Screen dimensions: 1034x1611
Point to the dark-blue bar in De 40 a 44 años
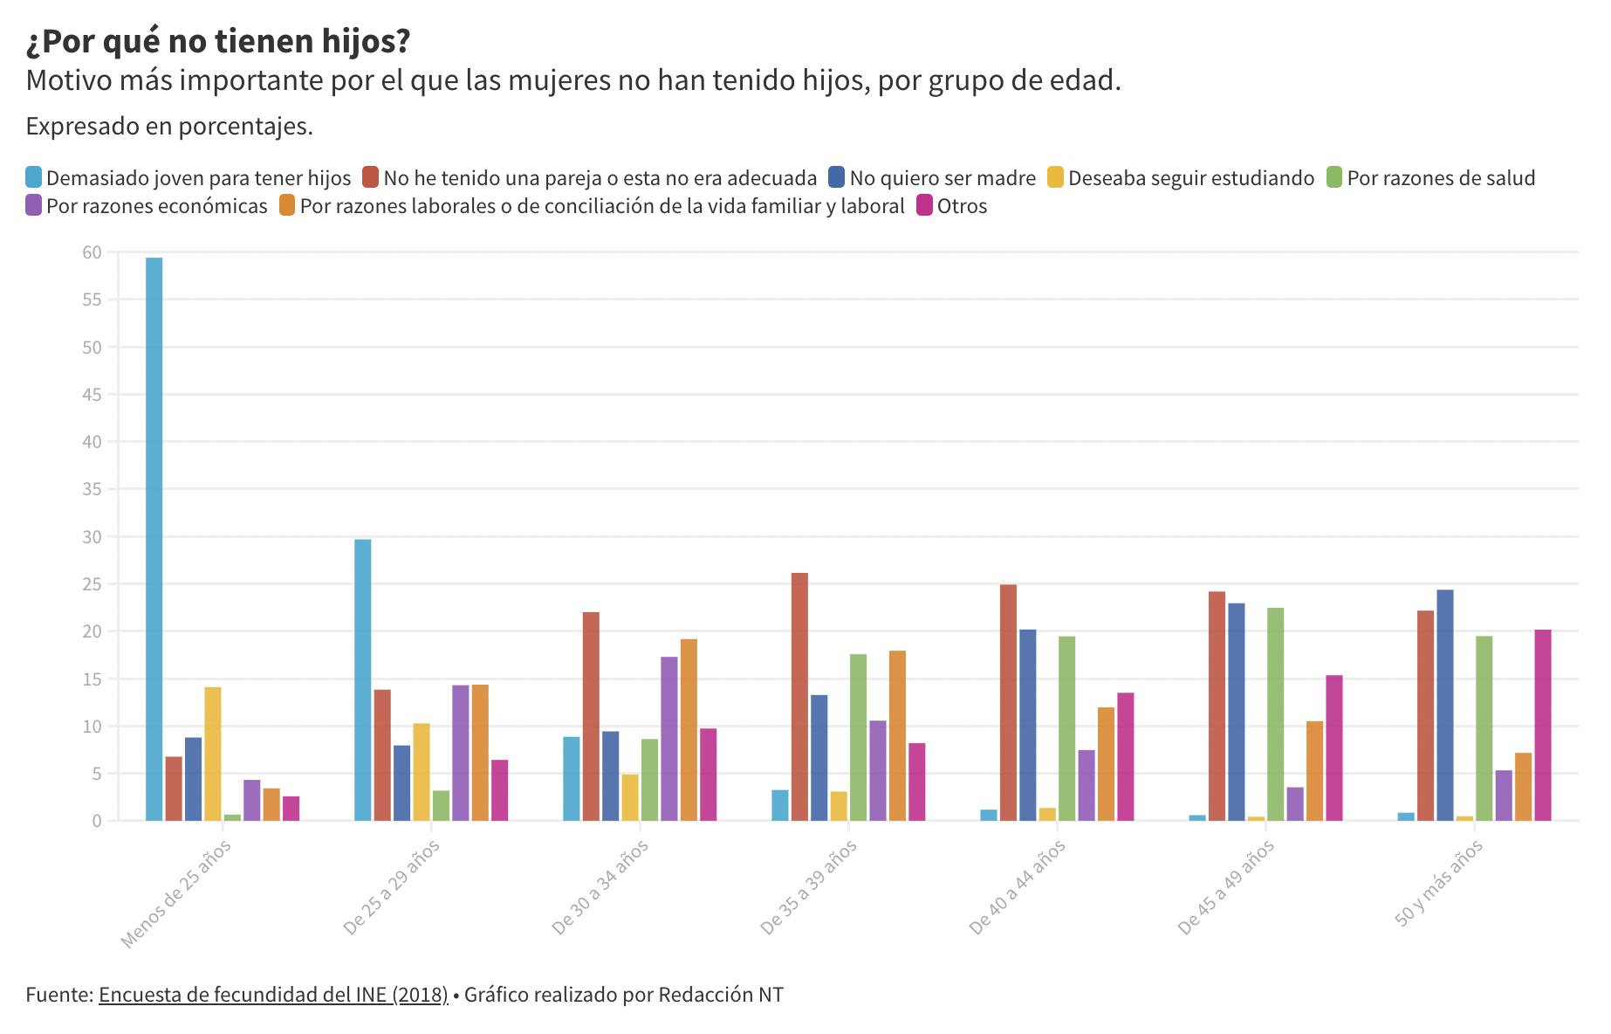click(1028, 725)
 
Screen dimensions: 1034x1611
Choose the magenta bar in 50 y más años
click(1543, 725)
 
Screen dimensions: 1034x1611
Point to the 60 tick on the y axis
click(92, 252)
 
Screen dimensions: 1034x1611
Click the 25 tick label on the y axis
click(92, 584)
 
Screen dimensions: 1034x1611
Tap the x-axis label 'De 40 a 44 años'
click(1018, 886)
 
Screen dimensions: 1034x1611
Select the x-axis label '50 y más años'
click(1439, 882)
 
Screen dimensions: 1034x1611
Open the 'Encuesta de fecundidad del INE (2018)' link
click(273, 995)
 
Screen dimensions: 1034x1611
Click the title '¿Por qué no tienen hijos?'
click(218, 41)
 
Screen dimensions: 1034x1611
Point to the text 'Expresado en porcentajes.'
click(169, 127)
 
